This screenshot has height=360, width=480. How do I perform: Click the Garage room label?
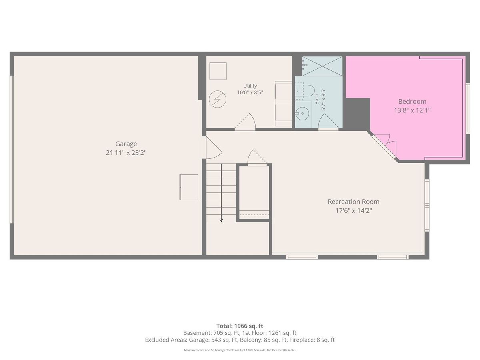click(x=126, y=144)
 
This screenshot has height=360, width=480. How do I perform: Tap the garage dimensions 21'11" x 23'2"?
click(x=126, y=152)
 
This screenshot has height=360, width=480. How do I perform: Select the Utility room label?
click(x=250, y=86)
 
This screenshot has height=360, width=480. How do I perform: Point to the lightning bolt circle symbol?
click(x=217, y=99)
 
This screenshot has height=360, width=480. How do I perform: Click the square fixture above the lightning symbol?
click(x=218, y=71)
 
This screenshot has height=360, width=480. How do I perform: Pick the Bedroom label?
click(x=412, y=102)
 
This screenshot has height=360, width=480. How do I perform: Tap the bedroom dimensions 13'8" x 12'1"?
click(x=412, y=110)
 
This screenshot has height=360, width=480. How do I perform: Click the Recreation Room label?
click(x=353, y=202)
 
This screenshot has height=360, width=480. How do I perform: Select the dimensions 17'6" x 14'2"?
click(x=354, y=210)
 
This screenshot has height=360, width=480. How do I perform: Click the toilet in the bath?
click(x=305, y=91)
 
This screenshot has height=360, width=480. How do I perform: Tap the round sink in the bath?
click(x=302, y=114)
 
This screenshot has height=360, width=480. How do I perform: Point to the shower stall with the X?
click(x=322, y=66)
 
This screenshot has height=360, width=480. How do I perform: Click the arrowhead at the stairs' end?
click(x=221, y=220)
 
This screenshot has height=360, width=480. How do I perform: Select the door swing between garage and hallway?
click(x=212, y=148)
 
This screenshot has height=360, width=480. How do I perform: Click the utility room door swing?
click(x=245, y=122)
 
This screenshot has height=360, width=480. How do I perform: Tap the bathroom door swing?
click(x=328, y=122)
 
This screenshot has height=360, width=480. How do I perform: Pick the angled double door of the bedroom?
click(x=384, y=145)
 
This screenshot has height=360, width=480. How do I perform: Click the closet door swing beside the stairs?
click(x=257, y=157)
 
